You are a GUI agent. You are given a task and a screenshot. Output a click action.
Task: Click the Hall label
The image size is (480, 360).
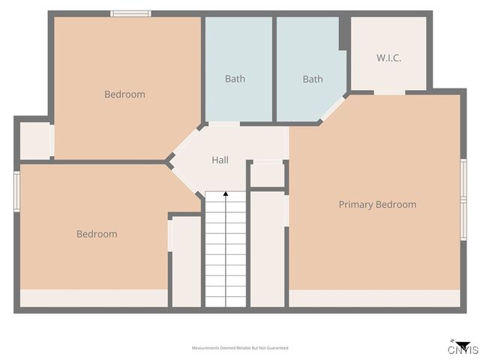point(220,160)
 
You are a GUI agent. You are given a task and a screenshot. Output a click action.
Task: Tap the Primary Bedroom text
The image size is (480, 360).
point(377,204)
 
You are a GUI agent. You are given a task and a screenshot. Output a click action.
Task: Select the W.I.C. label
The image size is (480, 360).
point(389,58)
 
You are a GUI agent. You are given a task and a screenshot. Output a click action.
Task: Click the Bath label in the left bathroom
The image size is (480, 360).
point(235,79)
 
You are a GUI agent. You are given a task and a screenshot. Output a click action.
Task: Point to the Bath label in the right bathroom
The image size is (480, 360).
point(313,79)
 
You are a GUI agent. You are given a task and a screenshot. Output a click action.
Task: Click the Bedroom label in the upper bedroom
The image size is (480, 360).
point(124,94)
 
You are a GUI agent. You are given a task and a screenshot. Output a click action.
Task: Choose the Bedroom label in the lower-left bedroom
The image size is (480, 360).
point(97,234)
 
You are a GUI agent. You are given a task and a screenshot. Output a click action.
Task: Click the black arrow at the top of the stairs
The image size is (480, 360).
point(226,195)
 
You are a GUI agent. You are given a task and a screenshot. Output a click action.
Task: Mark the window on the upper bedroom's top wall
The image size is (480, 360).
point(130,13)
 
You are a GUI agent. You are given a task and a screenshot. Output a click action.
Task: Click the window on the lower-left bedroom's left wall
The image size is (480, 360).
point(16,191)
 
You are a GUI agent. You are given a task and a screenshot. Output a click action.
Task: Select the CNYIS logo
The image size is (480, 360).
point(463,347)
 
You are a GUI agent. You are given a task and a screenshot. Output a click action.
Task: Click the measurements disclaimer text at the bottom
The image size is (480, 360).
point(240,348)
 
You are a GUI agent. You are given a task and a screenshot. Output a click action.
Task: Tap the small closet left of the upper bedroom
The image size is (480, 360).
point(34,140)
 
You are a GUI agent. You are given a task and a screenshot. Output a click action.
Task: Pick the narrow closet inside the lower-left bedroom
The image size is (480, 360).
point(186,261)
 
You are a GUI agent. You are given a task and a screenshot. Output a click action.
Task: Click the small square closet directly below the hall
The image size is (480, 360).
point(267,175)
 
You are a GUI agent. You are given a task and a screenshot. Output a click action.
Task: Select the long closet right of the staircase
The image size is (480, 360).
point(267,249)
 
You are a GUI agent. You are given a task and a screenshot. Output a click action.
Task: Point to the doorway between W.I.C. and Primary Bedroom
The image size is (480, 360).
point(389,92)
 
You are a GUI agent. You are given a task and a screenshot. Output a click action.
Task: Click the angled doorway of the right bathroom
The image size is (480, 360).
point(333,108)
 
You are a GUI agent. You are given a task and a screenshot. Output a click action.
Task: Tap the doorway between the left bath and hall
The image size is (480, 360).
point(223,124)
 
